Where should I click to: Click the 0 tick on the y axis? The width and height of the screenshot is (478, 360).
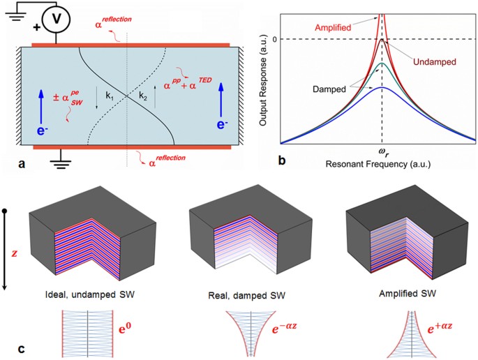click(275, 39)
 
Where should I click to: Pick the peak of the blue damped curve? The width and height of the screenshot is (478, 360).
click(381, 87)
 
